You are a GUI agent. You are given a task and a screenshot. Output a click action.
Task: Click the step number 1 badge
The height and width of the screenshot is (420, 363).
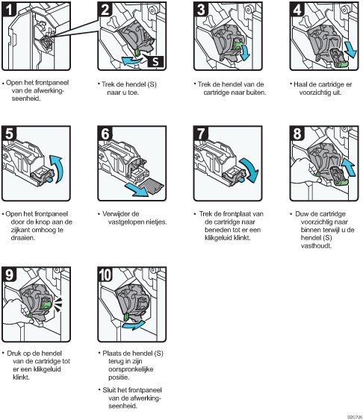pyautogui.click(x=9, y=9)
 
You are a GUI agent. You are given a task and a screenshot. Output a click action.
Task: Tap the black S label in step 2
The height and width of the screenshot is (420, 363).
pyautogui.click(x=155, y=61)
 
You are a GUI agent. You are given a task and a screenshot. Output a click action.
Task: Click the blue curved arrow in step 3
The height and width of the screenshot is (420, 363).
pyautogui.click(x=245, y=52)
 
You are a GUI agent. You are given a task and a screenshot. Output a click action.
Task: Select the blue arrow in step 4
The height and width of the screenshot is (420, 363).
pyautogui.click(x=350, y=49)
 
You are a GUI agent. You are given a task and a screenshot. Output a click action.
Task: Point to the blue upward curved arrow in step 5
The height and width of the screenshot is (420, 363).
pyautogui.click(x=59, y=169)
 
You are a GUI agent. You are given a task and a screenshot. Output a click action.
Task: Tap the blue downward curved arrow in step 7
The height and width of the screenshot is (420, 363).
pyautogui.click(x=251, y=169)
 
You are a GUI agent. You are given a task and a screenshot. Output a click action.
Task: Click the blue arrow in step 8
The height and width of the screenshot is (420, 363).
pyautogui.click(x=349, y=166)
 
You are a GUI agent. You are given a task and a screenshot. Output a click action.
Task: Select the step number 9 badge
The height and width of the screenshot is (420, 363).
pyautogui.click(x=9, y=275)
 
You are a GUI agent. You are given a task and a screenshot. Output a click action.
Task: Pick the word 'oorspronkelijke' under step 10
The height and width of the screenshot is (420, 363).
pyautogui.click(x=131, y=369)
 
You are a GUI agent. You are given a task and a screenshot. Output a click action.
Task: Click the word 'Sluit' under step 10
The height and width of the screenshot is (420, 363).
pyautogui.click(x=108, y=390)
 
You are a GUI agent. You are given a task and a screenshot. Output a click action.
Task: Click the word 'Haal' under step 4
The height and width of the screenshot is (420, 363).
pyautogui.click(x=300, y=84)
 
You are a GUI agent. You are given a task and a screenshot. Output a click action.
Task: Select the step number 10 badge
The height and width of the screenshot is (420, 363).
pyautogui.click(x=105, y=275)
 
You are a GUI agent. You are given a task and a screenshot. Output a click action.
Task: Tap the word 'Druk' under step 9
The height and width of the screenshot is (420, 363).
pyautogui.click(x=13, y=354)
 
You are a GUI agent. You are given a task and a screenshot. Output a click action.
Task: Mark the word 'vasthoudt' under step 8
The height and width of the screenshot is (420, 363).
pyautogui.click(x=316, y=246)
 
